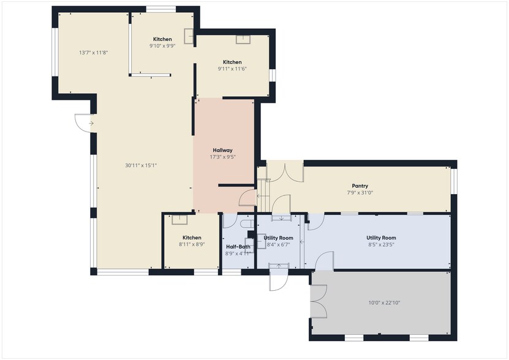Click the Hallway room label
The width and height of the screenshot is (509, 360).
tap(222, 150)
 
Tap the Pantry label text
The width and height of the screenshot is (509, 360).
tap(360, 186)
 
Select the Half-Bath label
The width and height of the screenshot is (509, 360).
tap(238, 247)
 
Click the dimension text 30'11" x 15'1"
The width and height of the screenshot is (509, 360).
tap(141, 165)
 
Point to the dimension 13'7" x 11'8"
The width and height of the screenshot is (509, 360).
tap(94, 53)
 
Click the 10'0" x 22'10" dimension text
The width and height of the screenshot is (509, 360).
tap(384, 302)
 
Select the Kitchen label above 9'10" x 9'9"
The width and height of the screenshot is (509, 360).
tap(162, 39)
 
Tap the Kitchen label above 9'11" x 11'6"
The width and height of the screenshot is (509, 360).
tap(232, 62)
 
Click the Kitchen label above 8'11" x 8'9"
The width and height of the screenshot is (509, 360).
tap(192, 238)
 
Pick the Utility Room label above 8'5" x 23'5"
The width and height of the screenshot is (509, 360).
tap(381, 238)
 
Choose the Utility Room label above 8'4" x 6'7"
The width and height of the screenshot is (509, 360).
tap(278, 238)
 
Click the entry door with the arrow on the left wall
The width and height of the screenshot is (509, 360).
tap(83, 122)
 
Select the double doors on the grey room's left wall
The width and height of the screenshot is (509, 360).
tap(319, 302)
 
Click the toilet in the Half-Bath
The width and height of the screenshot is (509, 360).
tap(247, 225)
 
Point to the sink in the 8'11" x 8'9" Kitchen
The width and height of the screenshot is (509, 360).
tap(179, 219)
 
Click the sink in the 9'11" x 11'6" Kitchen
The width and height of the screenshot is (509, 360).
tap(244, 41)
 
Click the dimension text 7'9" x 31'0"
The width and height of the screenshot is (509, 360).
tap(360, 193)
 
